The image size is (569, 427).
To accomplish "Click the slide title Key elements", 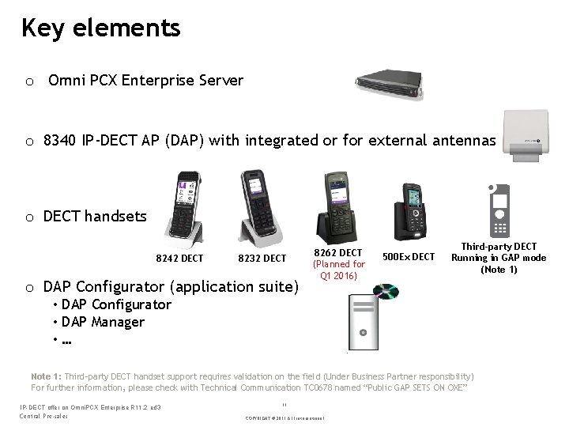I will tap(101, 28).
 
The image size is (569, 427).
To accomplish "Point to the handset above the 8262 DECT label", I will tap(338, 203).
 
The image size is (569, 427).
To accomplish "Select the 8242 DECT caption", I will tap(179, 259).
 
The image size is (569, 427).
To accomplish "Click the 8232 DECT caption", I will tap(262, 259).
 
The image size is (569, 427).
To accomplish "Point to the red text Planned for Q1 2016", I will tap(339, 270).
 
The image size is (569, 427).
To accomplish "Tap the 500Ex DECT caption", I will tap(409, 256).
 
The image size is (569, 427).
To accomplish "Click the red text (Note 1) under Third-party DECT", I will tap(498, 270).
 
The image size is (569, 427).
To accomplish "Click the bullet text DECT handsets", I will tap(95, 215).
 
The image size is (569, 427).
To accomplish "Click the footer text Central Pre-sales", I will tap(43, 415).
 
